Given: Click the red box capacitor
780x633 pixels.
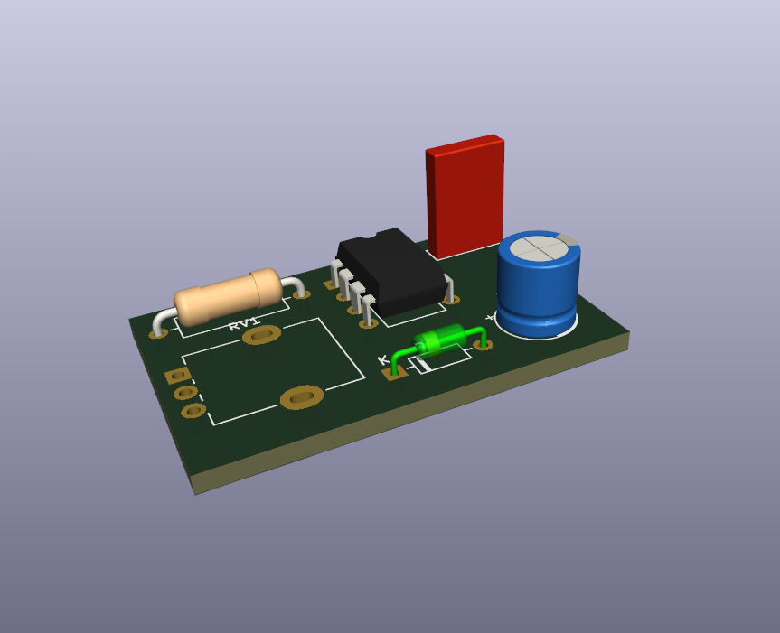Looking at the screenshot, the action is coord(465,196).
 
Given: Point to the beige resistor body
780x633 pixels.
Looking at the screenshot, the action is coord(228,296).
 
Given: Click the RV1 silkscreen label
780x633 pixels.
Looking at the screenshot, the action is coord(244,323).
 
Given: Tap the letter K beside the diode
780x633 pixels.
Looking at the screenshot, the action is coord(384,359).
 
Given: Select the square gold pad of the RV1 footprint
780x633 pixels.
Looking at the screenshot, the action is coord(177,376).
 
